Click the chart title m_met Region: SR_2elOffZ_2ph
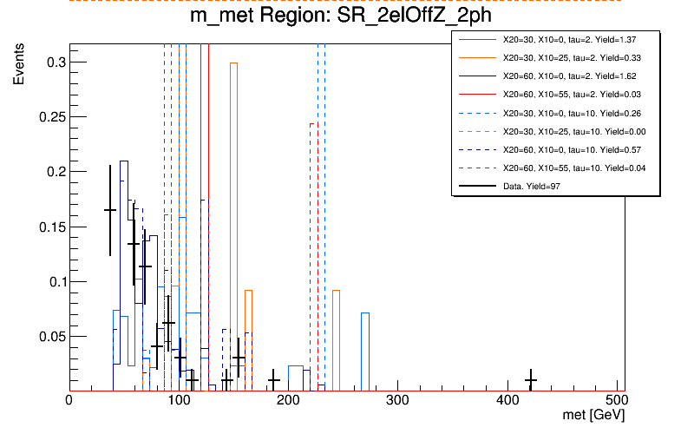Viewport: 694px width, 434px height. pos(346,19)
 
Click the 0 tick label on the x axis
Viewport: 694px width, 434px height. pos(69,401)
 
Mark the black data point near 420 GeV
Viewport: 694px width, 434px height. pos(531,380)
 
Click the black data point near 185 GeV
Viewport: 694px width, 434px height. pos(273,380)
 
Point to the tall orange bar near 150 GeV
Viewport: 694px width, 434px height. pos(233,226)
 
